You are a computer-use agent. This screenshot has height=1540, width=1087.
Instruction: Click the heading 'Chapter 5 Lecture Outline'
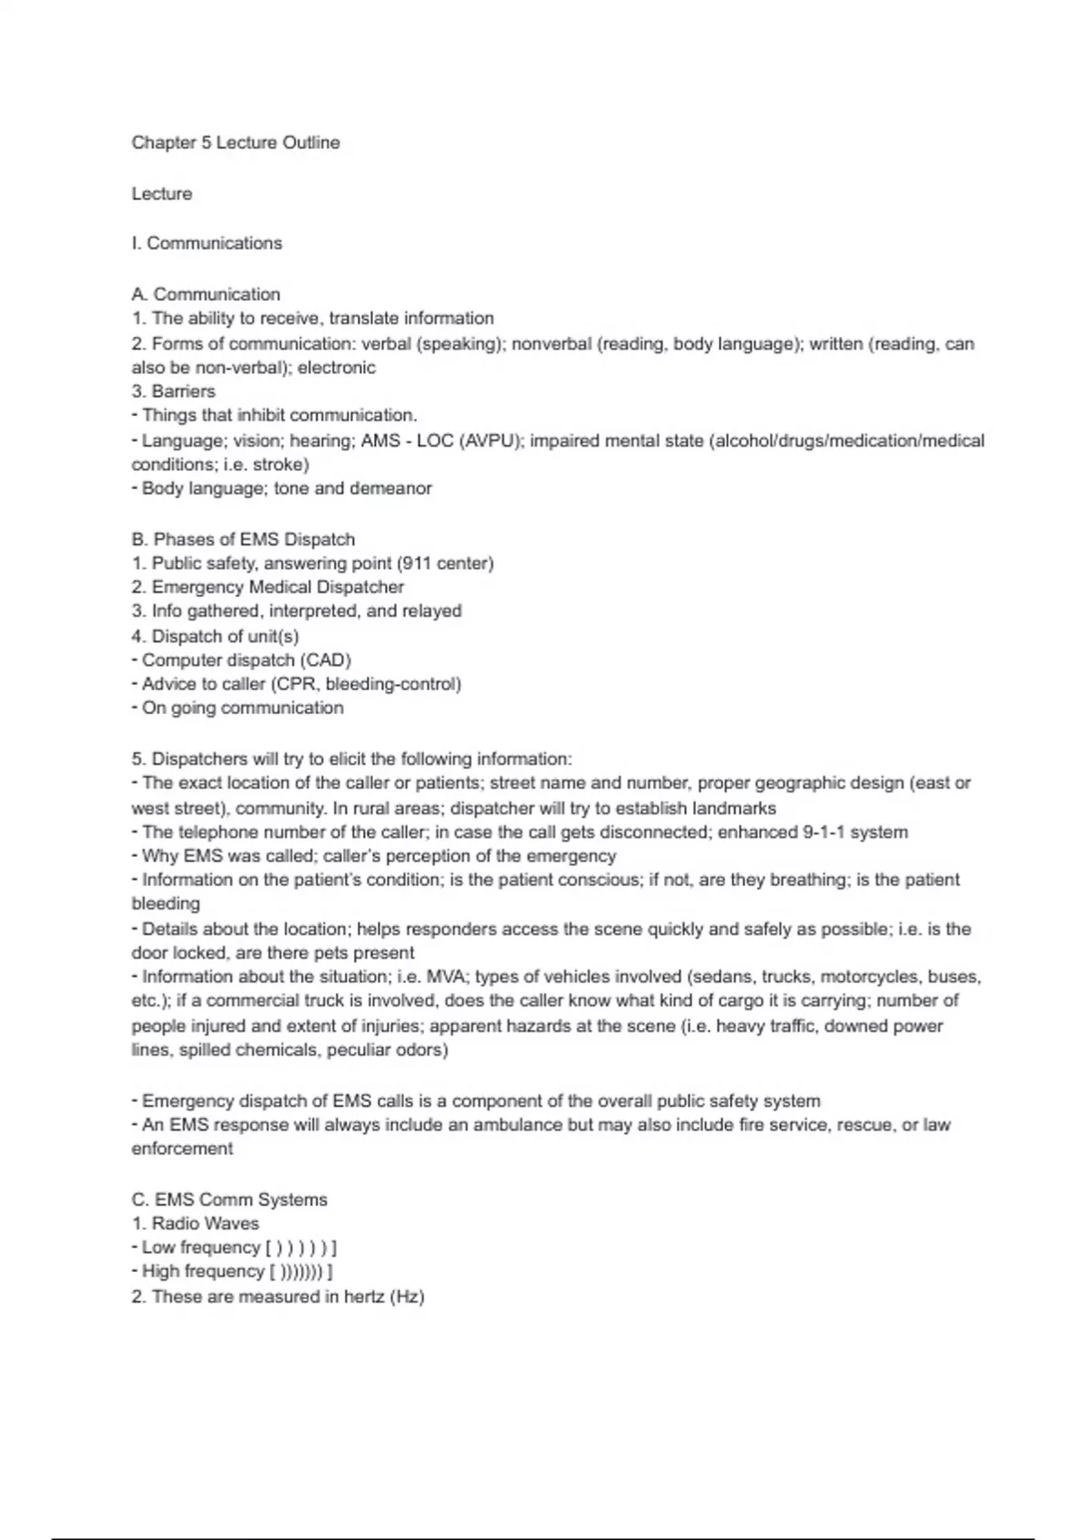236,143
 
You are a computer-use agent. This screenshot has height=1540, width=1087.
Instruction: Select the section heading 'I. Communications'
207,244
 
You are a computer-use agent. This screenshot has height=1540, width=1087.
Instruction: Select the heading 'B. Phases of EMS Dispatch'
243,540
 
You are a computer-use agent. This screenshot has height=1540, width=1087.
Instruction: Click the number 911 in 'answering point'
416,563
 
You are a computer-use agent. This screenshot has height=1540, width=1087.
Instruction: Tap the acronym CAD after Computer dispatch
325,660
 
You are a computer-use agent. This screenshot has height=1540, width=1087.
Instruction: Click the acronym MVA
444,977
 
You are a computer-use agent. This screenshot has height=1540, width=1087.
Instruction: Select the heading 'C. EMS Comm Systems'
229,1200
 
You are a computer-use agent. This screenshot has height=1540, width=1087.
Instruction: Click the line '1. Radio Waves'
195,1224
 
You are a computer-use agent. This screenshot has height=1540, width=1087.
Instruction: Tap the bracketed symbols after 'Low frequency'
302,1248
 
